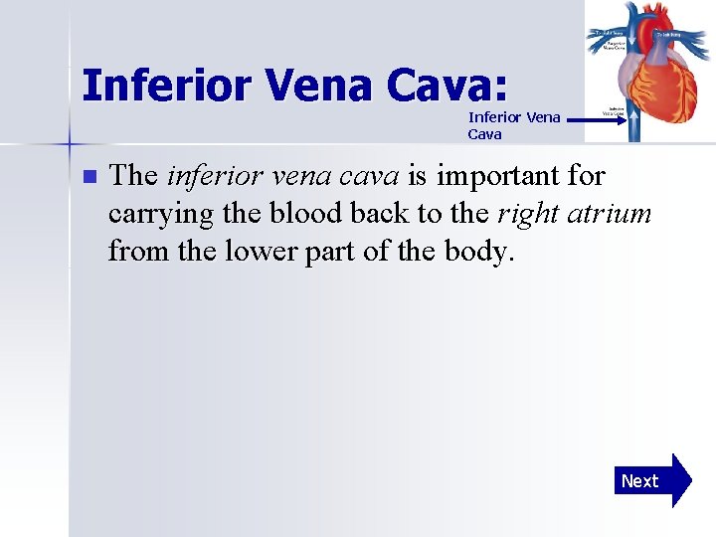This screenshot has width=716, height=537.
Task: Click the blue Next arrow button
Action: tap(651, 481)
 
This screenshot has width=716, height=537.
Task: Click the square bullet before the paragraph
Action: tap(89, 177)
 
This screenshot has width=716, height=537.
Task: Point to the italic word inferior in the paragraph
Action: tap(207, 177)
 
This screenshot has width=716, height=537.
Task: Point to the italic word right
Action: tap(527, 214)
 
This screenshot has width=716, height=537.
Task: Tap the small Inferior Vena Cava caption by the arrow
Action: tap(514, 125)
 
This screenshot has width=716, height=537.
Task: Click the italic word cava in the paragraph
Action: tap(370, 177)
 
